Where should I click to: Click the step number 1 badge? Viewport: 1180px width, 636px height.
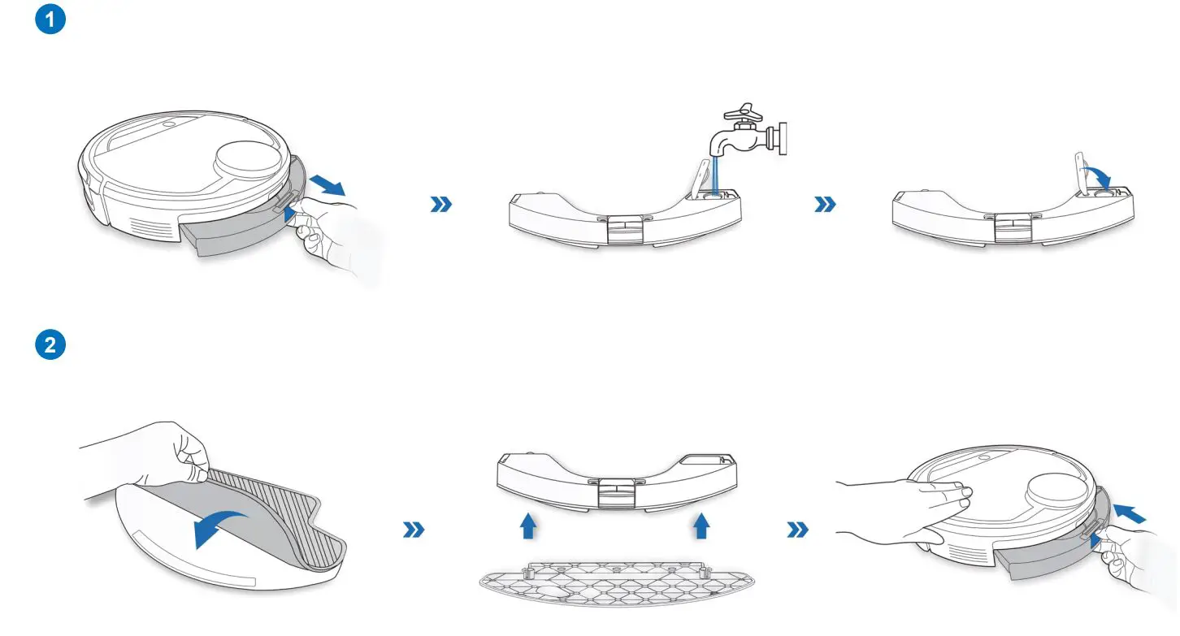[x=50, y=20]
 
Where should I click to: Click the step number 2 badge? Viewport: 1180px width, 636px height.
[x=50, y=344]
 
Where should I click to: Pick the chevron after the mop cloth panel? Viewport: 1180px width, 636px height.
[x=414, y=530]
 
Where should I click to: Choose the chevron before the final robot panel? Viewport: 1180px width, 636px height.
[x=799, y=530]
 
